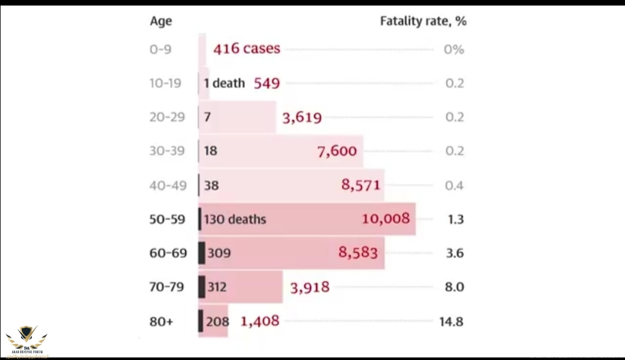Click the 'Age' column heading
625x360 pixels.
point(160,21)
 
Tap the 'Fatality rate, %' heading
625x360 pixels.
point(423,21)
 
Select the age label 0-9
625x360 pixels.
point(160,49)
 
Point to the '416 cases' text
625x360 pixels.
point(247,49)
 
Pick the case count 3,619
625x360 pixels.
point(302,118)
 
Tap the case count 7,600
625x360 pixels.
point(337,152)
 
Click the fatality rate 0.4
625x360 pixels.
point(455,185)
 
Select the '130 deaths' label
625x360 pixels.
point(234,219)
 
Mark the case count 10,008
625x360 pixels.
point(385,218)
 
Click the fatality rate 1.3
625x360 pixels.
point(455,219)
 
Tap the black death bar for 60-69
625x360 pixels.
point(201,253)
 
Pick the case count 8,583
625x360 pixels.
point(358,252)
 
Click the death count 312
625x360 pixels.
point(217,287)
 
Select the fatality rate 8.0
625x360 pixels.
point(455,287)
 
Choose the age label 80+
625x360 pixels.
point(161,321)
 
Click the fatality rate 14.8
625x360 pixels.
point(451,321)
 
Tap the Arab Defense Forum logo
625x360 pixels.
point(27,339)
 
